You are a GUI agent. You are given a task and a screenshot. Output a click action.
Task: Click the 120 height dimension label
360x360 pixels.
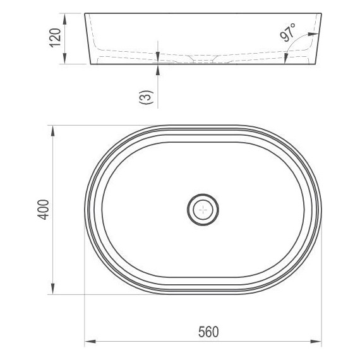pyautogui.click(x=56, y=38)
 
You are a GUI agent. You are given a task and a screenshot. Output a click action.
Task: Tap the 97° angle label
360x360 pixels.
pyautogui.click(x=288, y=33)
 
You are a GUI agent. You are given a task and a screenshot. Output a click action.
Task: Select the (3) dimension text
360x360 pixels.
pyautogui.click(x=146, y=97)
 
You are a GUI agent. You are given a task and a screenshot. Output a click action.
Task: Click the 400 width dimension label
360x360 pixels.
pyautogui.click(x=43, y=210)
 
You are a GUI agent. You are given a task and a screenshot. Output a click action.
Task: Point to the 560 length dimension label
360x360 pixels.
pyautogui.click(x=208, y=332)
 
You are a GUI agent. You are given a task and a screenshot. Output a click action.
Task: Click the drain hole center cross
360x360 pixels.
pyautogui.click(x=203, y=210)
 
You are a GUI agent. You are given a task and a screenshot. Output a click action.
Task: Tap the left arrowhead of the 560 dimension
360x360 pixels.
pyautogui.click(x=90, y=342)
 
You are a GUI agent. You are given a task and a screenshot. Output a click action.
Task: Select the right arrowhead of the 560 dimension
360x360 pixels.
pyautogui.click(x=316, y=342)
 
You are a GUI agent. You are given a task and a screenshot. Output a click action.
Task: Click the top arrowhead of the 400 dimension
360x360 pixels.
pyautogui.click(x=53, y=131)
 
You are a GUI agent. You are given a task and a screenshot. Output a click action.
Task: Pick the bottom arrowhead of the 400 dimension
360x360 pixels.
pyautogui.click(x=53, y=289)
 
